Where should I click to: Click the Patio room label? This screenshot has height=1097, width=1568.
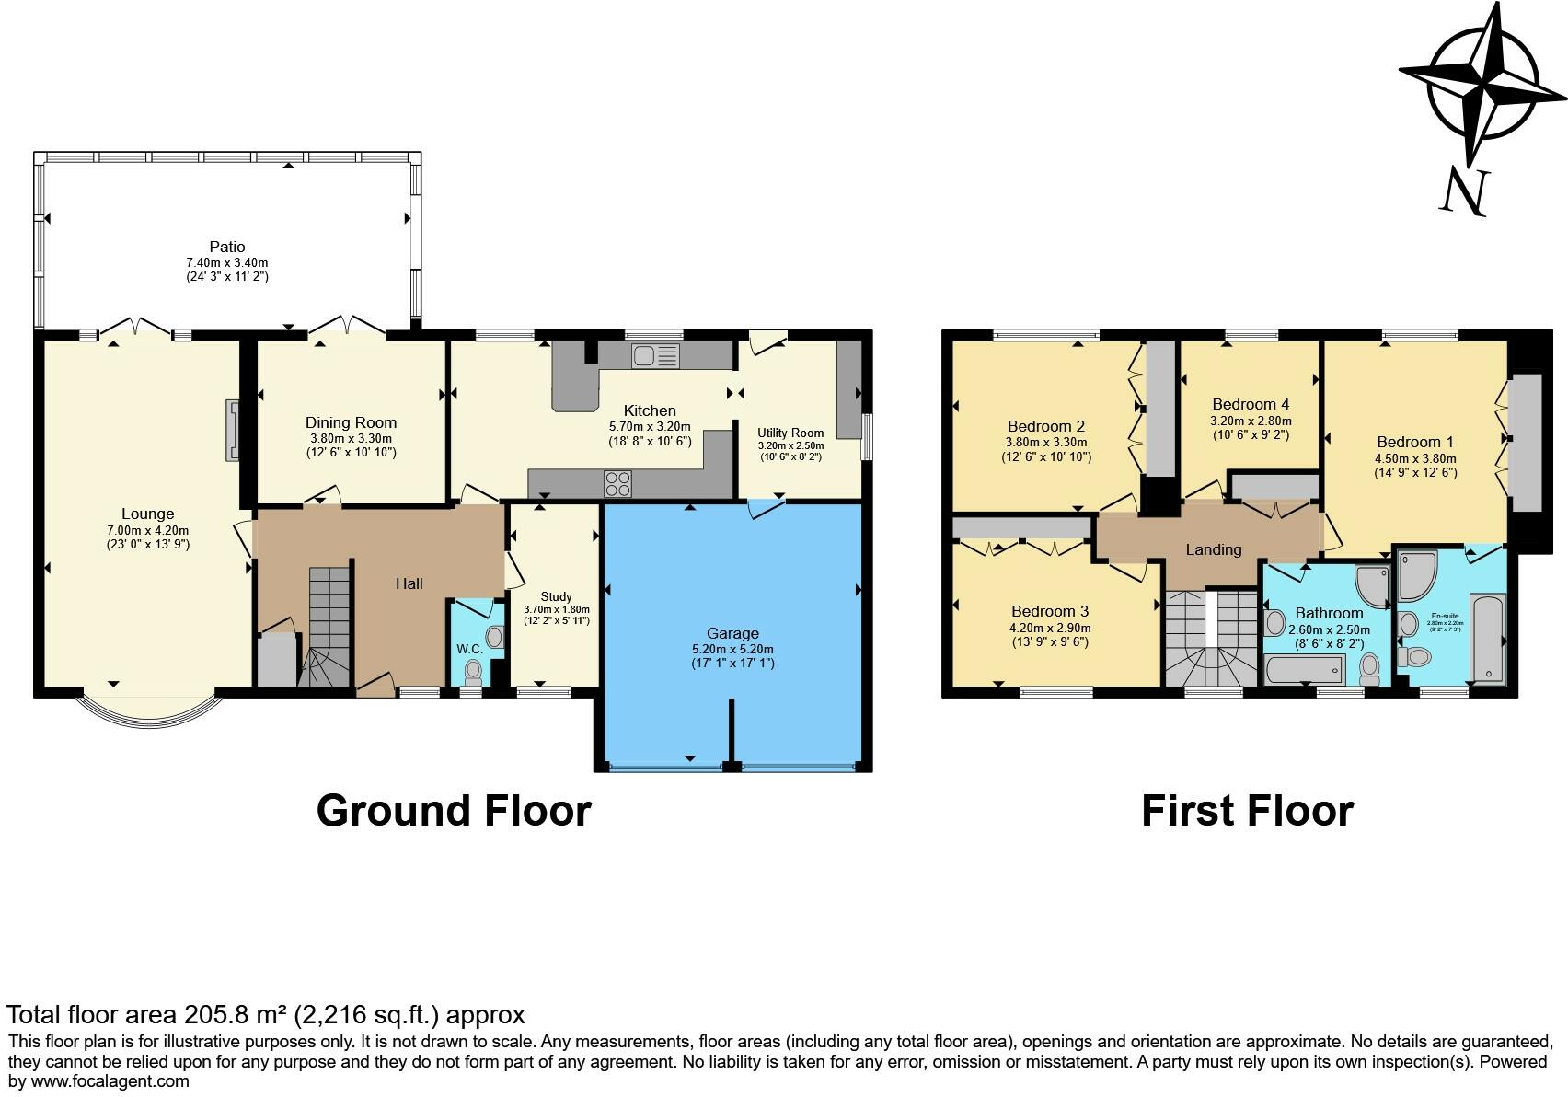click(227, 247)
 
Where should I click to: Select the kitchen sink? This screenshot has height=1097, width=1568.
click(654, 355)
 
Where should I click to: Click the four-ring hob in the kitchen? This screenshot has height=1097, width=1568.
click(617, 483)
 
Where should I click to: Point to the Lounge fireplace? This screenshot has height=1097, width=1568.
click(232, 430)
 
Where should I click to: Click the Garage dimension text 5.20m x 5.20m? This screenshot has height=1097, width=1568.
click(732, 649)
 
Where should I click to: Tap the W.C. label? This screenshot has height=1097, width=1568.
click(469, 649)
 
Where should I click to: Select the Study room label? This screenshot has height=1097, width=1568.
click(556, 596)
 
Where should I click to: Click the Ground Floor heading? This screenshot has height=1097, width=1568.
click(454, 811)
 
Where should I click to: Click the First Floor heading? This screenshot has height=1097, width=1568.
click(1247, 811)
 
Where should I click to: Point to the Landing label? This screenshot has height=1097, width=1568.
click(1213, 549)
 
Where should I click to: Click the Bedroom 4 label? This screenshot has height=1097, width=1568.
click(1250, 404)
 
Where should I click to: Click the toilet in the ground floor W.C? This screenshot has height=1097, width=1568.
click(474, 671)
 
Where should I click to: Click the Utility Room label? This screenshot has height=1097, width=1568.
click(790, 433)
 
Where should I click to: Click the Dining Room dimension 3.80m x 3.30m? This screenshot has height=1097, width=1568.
click(351, 439)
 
